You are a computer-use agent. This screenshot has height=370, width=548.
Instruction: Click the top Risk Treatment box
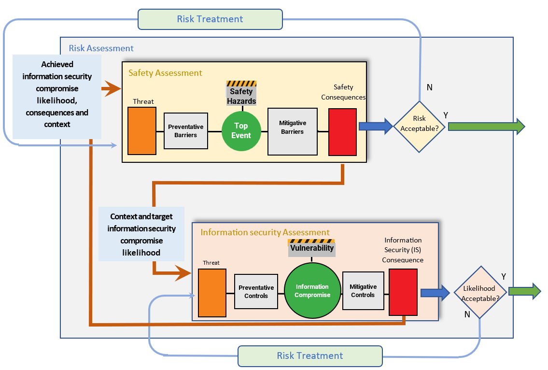210,19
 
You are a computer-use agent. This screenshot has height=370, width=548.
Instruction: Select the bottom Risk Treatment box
310,356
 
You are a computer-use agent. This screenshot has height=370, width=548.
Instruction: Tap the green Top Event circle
241,130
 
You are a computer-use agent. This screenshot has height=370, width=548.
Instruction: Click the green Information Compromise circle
312,291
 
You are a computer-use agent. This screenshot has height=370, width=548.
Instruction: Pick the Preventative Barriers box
186,131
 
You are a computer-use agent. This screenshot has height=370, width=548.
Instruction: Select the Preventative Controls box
256,292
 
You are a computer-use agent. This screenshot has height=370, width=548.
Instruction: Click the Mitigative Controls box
363,291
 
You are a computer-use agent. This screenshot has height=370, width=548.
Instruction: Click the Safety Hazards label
241,96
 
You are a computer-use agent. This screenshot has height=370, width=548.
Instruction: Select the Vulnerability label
311,248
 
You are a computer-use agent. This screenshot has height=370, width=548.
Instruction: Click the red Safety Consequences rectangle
342,132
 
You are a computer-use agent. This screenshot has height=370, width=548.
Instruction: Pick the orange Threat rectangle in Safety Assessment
142,131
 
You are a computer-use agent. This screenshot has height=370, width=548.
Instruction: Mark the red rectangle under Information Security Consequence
403,293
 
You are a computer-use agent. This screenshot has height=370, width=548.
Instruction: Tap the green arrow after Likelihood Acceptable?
524,291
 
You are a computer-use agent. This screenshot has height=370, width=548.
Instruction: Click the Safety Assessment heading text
165,73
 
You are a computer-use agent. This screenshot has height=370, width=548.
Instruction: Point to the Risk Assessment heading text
101,48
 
